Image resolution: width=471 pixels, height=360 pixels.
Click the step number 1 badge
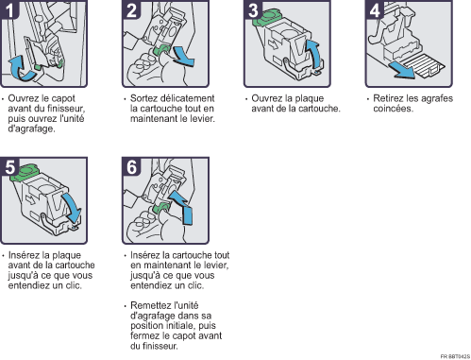tap(9, 9)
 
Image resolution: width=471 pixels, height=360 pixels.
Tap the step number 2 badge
tap(131, 9)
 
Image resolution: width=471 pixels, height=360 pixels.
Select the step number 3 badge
tap(253, 9)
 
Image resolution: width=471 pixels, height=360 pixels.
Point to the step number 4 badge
tap(375, 9)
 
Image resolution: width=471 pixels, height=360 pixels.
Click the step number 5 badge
tap(9, 166)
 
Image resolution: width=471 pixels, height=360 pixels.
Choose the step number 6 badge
tap(131, 166)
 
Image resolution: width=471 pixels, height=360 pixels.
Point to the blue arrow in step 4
tap(401, 71)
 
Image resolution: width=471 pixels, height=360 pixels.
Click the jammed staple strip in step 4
tap(425, 65)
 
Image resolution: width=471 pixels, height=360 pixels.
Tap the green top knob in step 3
tap(267, 16)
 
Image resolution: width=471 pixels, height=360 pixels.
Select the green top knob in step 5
tap(25, 172)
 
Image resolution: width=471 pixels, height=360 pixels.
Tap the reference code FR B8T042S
tap(455, 356)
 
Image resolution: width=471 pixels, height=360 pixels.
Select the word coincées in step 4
tap(393, 109)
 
